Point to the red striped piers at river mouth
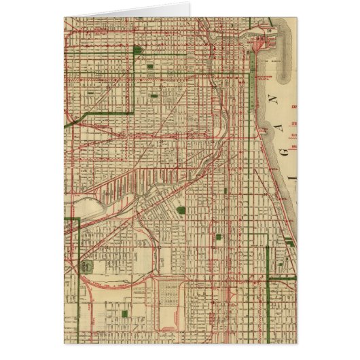tap(258, 43)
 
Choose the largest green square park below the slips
tap(180, 211)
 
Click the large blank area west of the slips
tap(88, 204)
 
